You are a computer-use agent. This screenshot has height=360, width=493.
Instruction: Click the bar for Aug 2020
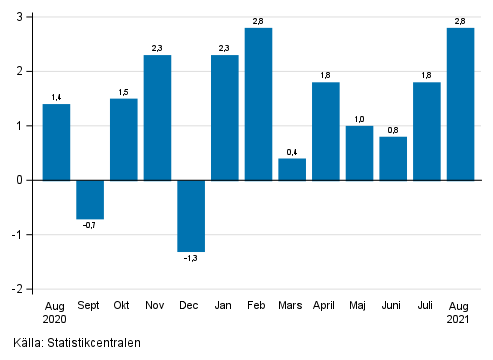[56, 142]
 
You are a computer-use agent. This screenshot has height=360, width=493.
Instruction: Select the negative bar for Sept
[90, 199]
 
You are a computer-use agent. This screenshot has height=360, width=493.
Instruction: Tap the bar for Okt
[124, 139]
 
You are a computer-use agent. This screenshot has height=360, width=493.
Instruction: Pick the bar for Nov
[158, 117]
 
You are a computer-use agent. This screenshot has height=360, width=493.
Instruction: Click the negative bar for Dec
[191, 215]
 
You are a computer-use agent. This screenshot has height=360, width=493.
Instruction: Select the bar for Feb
[258, 104]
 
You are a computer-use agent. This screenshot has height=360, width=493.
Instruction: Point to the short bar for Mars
[292, 169]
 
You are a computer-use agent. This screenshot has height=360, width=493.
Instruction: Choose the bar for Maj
[359, 153]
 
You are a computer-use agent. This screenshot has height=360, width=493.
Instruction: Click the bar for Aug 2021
[460, 104]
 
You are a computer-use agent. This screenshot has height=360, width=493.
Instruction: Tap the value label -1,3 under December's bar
[191, 259]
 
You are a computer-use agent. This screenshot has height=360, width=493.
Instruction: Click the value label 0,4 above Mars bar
[292, 151]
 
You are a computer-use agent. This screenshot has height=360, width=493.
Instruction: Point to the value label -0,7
[90, 226]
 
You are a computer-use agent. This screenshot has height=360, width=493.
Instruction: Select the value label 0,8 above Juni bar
[393, 129]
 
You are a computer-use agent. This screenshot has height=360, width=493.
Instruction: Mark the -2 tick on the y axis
[19, 289]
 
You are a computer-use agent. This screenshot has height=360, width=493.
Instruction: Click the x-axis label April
[326, 306]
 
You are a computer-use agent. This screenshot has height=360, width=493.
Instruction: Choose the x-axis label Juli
[427, 306]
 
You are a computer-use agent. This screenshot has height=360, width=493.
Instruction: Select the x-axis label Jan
[225, 306]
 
